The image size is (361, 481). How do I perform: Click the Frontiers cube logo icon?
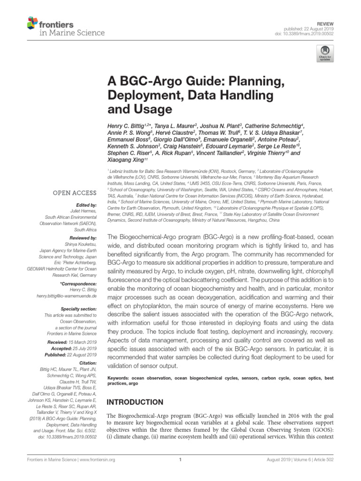click(x=31, y=22)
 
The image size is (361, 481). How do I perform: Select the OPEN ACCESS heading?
click(x=75, y=192)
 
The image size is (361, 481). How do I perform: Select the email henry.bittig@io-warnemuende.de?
click(x=63, y=297)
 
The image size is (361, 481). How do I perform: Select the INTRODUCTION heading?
click(x=135, y=402)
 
